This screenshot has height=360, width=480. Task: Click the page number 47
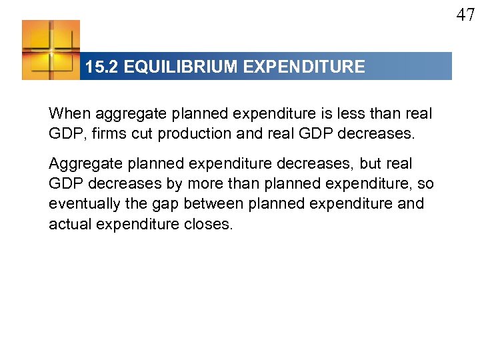pos(465,15)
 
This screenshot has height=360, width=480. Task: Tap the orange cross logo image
pos(51,50)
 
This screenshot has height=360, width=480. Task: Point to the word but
pos(371,163)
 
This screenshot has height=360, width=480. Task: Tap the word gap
pos(164,203)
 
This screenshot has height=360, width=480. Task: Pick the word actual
pos(70,223)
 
